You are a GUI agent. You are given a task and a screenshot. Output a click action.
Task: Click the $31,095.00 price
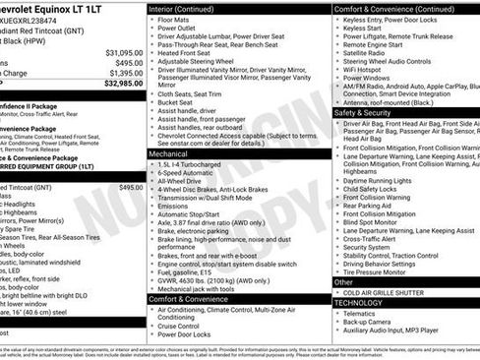tap(124, 52)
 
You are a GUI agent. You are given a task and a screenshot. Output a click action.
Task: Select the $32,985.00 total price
tap(124, 84)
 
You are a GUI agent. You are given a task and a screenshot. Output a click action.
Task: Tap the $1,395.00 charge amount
tap(125, 73)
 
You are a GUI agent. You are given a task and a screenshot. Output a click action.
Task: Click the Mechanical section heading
tap(169, 154)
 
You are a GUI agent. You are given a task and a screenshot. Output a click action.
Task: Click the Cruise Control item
tap(183, 325)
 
